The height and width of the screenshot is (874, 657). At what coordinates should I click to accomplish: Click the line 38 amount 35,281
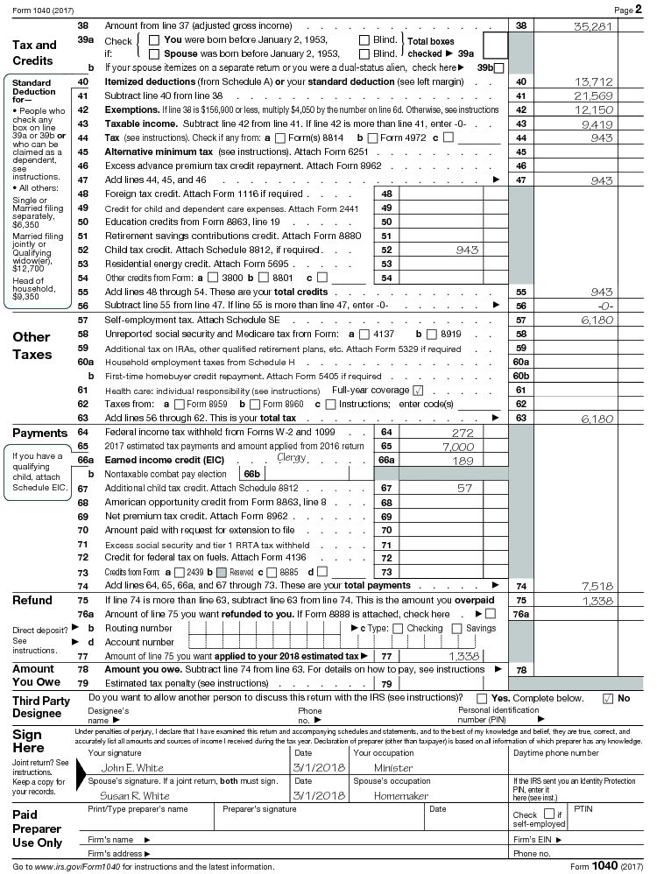click(593, 27)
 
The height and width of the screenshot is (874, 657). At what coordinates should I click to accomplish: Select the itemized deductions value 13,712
click(593, 81)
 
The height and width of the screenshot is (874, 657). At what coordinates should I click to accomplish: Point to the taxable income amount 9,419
click(597, 123)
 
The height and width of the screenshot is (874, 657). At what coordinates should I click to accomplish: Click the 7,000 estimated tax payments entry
click(457, 447)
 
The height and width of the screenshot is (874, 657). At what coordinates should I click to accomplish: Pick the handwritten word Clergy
click(292, 457)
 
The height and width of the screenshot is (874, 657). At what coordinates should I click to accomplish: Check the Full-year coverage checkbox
click(418, 390)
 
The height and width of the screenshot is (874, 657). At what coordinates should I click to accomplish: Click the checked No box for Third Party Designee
click(607, 698)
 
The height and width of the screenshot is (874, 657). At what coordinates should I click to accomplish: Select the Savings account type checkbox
click(460, 628)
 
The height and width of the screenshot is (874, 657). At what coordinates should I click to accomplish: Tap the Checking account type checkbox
click(401, 628)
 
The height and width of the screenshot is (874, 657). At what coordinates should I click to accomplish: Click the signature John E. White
click(138, 768)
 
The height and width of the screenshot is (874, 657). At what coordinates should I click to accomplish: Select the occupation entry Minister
click(393, 768)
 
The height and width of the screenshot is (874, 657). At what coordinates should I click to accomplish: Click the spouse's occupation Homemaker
click(401, 796)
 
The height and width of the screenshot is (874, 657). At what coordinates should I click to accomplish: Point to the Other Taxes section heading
click(32, 346)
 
